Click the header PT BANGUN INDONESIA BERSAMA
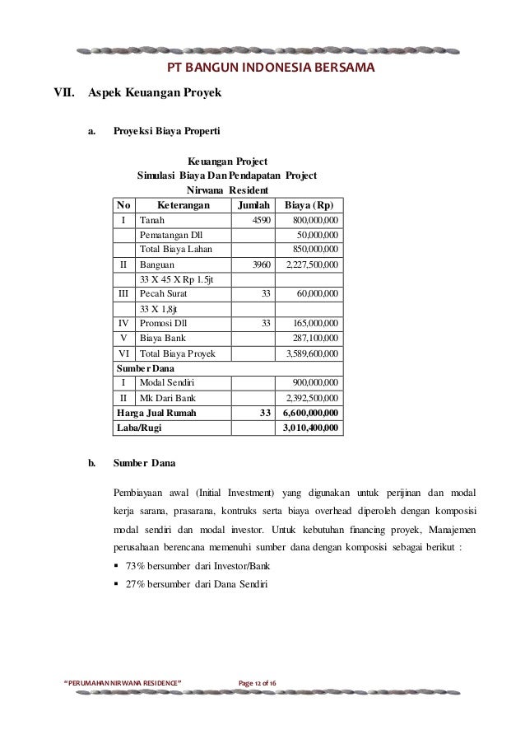coord(271,67)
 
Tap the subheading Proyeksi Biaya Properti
coord(166,130)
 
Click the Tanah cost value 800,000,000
coord(317,221)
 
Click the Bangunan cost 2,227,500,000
coord(312,266)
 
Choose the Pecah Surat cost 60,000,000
coord(320,294)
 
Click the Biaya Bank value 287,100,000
coord(317,339)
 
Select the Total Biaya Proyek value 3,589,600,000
coord(312,353)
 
